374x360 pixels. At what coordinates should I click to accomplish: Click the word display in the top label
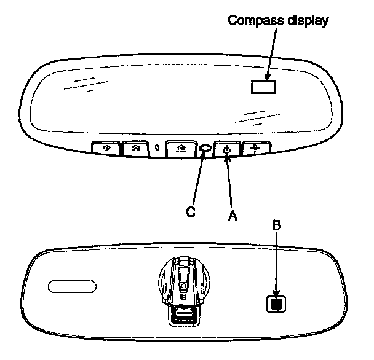coord(306,20)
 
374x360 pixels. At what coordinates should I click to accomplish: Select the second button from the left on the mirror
coord(136,149)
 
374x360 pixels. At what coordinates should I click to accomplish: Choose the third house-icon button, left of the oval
coord(181,149)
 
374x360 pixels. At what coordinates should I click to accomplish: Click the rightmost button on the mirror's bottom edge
coord(253,149)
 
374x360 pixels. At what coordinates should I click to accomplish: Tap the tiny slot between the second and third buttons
coord(158,148)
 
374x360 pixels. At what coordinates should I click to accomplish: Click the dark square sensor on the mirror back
coord(276,303)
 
